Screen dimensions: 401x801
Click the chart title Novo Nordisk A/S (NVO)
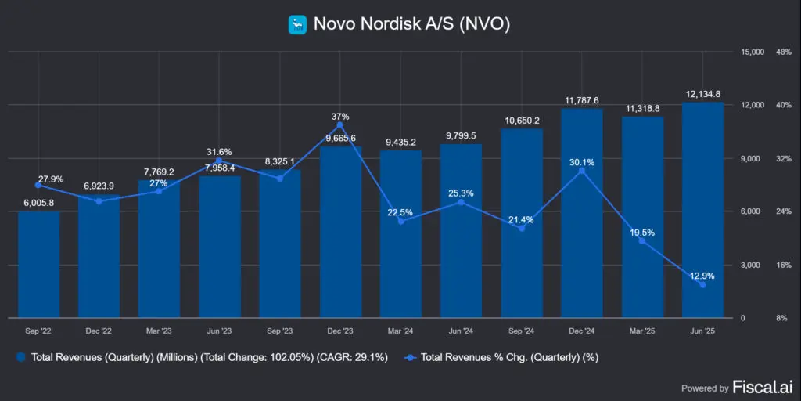click(411, 24)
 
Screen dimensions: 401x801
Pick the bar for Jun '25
click(702, 211)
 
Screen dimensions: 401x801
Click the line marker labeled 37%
click(340, 125)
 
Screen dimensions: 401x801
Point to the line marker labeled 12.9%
click(702, 285)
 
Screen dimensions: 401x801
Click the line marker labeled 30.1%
click(582, 171)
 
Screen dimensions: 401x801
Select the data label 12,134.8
click(702, 94)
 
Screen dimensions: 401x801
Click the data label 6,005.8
click(38, 203)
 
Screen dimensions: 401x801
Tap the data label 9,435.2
click(400, 142)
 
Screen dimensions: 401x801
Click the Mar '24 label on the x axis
click(400, 331)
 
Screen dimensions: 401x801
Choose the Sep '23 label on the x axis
click(280, 331)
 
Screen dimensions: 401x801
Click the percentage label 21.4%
click(521, 219)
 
